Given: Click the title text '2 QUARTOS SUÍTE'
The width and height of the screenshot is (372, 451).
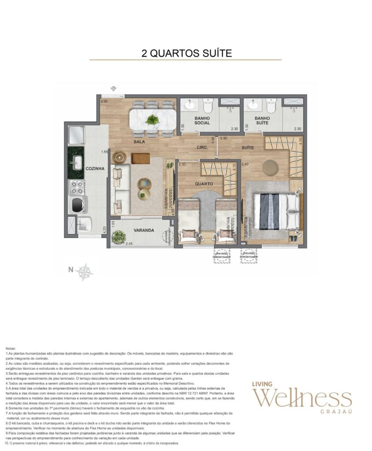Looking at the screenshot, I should coord(186,53).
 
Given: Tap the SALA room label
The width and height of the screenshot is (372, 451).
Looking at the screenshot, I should coord(140,142).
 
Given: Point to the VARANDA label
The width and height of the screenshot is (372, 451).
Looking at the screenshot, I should coord(144,230).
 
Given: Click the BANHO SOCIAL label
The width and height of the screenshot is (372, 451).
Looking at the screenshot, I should coord(202,121).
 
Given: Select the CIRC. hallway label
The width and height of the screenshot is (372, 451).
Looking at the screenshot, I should coord(203,148).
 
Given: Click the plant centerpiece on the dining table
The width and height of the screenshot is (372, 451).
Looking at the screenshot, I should coord(153,119).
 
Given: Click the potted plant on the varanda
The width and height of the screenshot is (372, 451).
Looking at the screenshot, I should coord(118,237).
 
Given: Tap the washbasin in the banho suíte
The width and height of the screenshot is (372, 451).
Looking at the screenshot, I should coord(253,105).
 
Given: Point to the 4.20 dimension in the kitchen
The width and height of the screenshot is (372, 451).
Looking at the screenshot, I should coord(104,229).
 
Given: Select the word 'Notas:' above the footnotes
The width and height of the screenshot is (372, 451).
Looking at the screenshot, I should coord(11,348).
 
